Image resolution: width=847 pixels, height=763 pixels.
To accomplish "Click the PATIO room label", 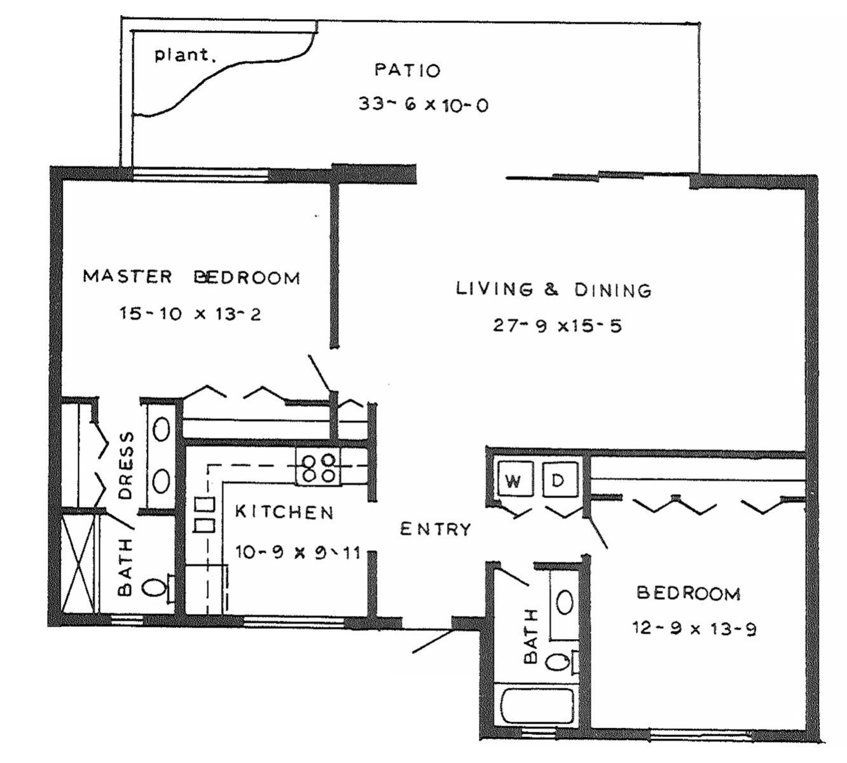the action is [408, 70].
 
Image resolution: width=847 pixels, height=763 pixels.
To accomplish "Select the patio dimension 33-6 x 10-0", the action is [423, 104].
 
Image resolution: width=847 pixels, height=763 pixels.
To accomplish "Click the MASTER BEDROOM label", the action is [191, 277].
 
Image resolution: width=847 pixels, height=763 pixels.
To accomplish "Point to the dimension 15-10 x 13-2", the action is [190, 313].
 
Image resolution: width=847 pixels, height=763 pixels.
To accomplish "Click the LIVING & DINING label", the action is [554, 290].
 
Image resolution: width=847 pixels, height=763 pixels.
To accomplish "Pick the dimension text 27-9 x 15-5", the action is [557, 326].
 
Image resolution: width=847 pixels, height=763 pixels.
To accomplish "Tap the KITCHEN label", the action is [284, 512].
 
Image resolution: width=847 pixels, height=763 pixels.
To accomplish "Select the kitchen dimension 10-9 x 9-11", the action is [298, 553].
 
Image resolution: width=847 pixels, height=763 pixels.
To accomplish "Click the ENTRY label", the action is [436, 529].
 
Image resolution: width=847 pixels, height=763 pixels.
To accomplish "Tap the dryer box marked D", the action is [560, 479].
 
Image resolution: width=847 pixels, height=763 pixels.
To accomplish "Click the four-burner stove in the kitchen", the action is [317, 467].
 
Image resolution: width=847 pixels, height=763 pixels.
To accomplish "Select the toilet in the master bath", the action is [160, 588].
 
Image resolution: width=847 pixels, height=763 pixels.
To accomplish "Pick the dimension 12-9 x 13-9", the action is [694, 629].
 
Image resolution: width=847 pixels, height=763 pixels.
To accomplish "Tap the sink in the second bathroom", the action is [565, 603].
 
